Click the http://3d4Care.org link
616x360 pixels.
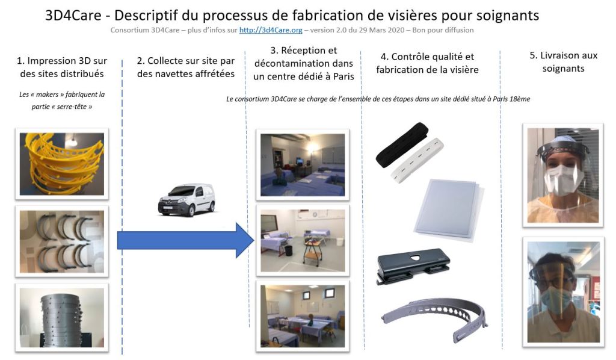pyautogui.click(x=271, y=30)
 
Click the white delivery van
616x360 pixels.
pyautogui.click(x=186, y=200)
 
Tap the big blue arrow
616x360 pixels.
pyautogui.click(x=185, y=240)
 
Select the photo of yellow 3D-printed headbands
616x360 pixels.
pyautogui.click(x=62, y=164)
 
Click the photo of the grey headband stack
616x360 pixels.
pyautogui.click(x=62, y=317)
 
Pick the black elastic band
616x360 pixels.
pyautogui.click(x=401, y=144)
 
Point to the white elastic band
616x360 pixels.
pyautogui.click(x=417, y=159)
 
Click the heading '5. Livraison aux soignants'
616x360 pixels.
pyautogui.click(x=563, y=62)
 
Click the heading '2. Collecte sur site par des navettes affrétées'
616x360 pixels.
pyautogui.click(x=186, y=67)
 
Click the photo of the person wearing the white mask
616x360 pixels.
pyautogui.click(x=563, y=175)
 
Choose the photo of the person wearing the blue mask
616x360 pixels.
pyautogui.click(x=563, y=292)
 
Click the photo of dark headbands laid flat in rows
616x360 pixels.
pyautogui.click(x=62, y=241)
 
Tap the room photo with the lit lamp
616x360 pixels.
pyautogui.click(x=303, y=165)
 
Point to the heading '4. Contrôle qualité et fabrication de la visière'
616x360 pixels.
pyautogui.click(x=428, y=63)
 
